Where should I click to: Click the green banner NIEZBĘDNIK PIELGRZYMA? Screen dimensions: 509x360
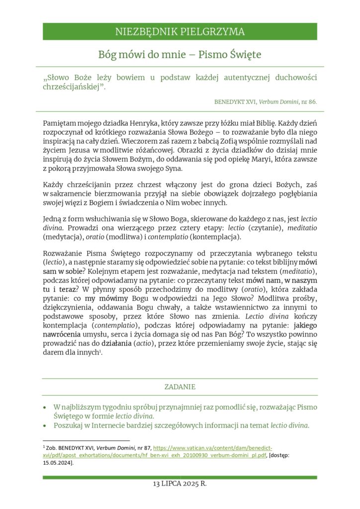coord(180,32)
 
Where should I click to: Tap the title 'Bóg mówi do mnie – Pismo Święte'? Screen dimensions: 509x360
coord(180,54)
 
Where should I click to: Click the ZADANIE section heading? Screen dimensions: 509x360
coord(180,387)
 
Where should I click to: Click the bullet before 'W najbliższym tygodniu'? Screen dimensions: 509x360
coord(46,407)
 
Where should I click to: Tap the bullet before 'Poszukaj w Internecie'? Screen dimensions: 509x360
coord(46,425)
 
